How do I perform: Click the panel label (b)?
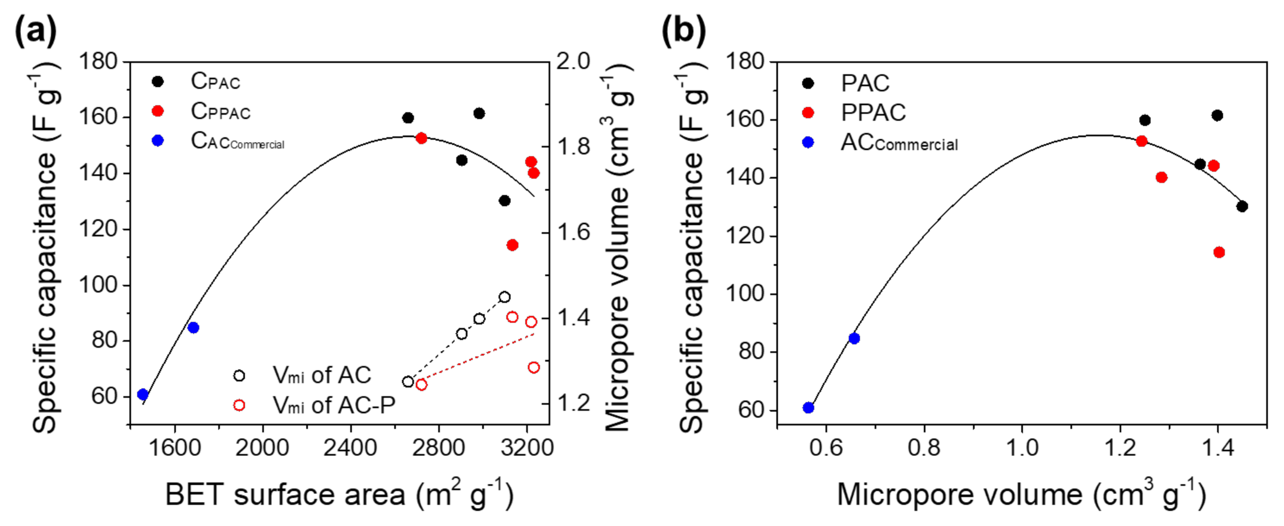pyautogui.click(x=683, y=31)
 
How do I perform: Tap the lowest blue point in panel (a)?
pyautogui.click(x=143, y=394)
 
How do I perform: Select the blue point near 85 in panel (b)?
pyautogui.click(x=854, y=338)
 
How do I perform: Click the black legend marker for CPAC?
pyautogui.click(x=158, y=81)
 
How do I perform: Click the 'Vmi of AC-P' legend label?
pyautogui.click(x=334, y=405)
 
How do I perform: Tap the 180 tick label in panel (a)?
pyautogui.click(x=98, y=62)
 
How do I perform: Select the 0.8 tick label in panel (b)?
pyautogui.click(x=924, y=448)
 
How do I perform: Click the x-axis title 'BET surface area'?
pyautogui.click(x=339, y=495)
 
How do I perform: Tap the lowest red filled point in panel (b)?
pyautogui.click(x=1219, y=252)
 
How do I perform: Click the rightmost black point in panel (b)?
pyautogui.click(x=1242, y=206)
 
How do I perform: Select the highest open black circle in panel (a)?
pyautogui.click(x=505, y=297)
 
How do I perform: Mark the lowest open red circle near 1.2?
pyautogui.click(x=421, y=384)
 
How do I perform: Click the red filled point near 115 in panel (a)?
pyautogui.click(x=512, y=245)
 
